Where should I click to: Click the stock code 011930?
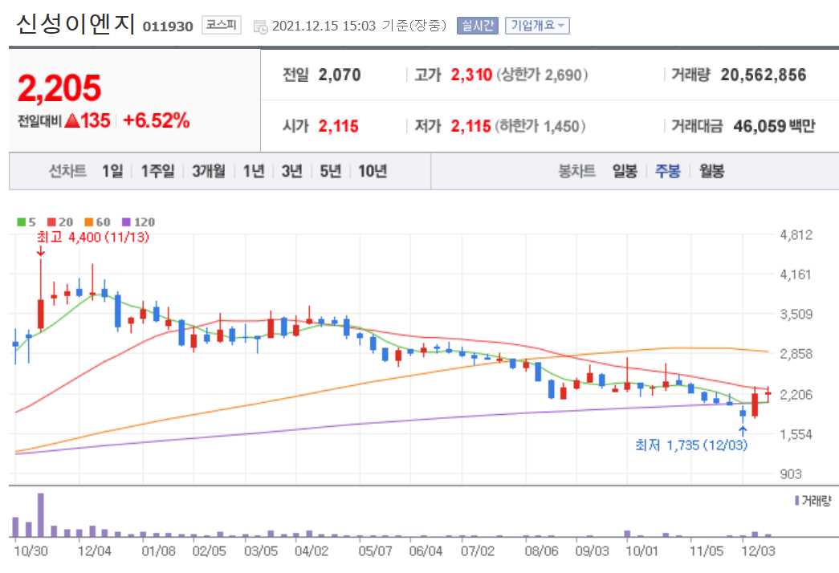(x=168, y=26)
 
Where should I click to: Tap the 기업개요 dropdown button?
(x=536, y=26)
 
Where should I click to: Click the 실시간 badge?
(x=477, y=26)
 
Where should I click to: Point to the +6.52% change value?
(x=156, y=121)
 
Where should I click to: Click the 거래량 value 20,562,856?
(x=763, y=75)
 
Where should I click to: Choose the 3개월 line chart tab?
(x=209, y=171)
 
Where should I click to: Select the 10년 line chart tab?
(x=373, y=171)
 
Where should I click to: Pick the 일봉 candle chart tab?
(x=624, y=171)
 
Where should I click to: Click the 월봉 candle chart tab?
(x=711, y=171)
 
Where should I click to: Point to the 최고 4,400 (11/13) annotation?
(x=92, y=237)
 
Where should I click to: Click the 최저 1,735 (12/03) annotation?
(x=690, y=445)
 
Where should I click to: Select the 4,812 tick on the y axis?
(x=796, y=235)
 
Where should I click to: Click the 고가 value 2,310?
(x=470, y=75)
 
